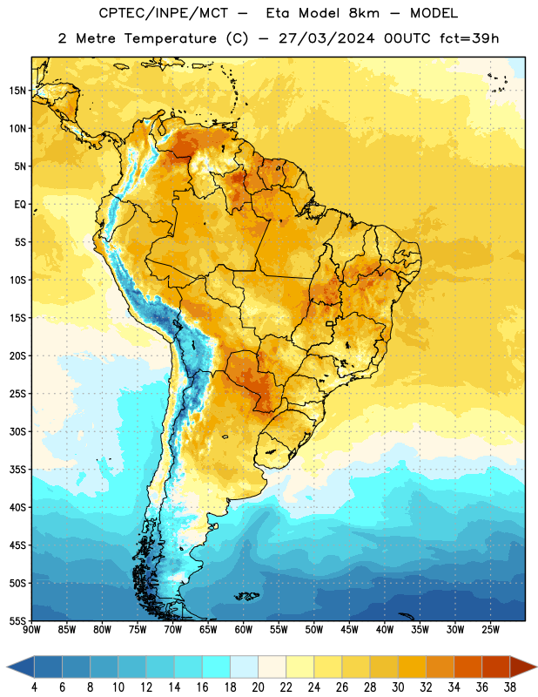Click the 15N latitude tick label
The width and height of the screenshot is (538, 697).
(17, 91)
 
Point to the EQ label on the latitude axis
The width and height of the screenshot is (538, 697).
(20, 205)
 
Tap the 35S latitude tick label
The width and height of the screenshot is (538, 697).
(17, 470)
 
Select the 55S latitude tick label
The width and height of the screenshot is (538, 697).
(17, 620)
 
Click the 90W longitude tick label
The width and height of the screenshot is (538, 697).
(31, 629)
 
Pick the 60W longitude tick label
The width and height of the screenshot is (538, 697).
(244, 629)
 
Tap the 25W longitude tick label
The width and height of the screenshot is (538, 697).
(490, 629)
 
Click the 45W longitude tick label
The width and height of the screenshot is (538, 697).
(349, 629)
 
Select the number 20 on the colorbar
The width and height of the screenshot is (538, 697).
(258, 687)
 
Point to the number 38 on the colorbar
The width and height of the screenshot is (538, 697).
(510, 687)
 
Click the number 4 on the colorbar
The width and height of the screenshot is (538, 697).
(34, 687)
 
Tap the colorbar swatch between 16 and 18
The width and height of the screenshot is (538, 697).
(216, 667)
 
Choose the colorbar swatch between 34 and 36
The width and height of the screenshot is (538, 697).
(467, 667)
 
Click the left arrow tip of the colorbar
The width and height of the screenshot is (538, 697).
(7, 667)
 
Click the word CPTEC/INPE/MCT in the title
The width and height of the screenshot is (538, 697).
(163, 13)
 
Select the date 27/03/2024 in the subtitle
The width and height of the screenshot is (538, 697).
(326, 38)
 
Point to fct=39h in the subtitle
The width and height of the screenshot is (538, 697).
(469, 38)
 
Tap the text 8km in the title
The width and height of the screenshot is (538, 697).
(364, 13)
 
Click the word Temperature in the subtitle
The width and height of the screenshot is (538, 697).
(170, 38)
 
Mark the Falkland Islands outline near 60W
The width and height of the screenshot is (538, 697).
(247, 596)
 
